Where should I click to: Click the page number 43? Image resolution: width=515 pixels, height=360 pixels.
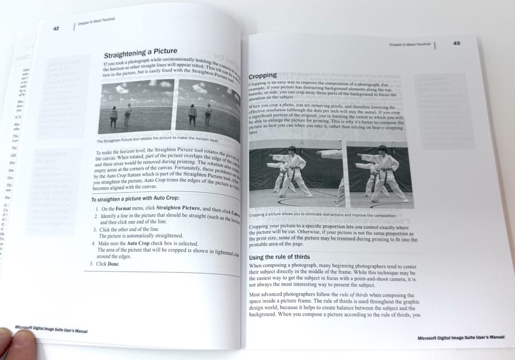pos(456,43)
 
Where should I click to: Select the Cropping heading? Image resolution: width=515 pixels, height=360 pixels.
pos(263,75)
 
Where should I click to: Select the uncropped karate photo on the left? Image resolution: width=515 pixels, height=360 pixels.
pos(296,174)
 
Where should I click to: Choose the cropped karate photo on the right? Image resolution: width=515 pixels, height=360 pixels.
pos(380,176)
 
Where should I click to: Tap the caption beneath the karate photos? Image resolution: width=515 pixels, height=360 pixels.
pos(322,215)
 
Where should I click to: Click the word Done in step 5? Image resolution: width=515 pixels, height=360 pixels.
pos(113,264)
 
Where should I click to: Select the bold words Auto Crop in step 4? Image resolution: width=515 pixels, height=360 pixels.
pos(139,243)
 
